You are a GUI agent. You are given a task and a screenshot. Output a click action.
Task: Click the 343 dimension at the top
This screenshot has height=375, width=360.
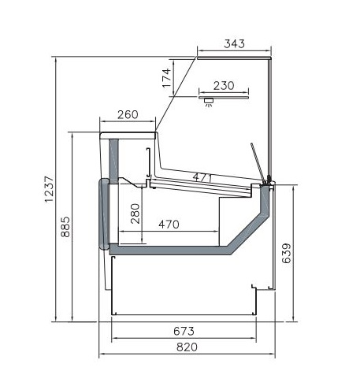[x=234, y=43]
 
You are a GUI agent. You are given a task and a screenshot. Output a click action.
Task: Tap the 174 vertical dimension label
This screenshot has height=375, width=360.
[x=167, y=78]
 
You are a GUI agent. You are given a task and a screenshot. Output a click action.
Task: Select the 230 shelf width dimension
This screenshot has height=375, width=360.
[x=224, y=86]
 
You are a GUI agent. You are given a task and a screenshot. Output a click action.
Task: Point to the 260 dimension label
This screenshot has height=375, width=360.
[x=128, y=114]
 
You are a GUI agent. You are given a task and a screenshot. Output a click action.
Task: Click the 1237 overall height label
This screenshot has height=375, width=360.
[x=49, y=189]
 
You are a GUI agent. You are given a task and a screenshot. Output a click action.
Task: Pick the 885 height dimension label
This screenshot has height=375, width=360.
[x=65, y=227]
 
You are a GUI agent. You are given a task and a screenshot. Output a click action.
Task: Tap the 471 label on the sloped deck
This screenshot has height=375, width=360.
[x=202, y=178]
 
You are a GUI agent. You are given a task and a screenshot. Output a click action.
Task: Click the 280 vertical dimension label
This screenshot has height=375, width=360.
[x=135, y=213]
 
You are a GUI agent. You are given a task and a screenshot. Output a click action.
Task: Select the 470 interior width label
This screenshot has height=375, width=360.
[x=169, y=225]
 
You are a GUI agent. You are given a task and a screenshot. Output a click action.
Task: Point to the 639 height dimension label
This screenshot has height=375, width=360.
[x=287, y=254]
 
